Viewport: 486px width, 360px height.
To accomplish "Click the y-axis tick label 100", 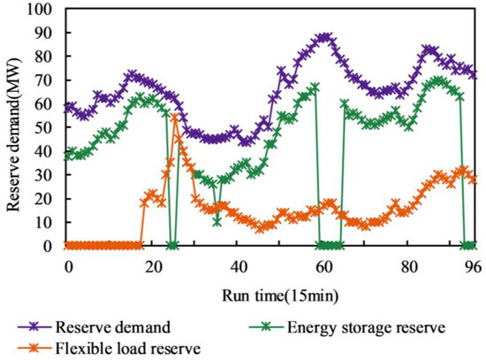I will pos(42,10).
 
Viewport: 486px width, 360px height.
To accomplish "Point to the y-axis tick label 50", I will pos(45,128).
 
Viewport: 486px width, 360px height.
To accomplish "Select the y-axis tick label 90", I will pos(45,34).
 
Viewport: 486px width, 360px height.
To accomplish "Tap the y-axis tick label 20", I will pos(45,199).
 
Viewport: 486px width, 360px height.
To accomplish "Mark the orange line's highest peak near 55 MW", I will pos(175,117).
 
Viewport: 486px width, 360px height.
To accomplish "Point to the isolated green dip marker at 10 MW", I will pos(216,221).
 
